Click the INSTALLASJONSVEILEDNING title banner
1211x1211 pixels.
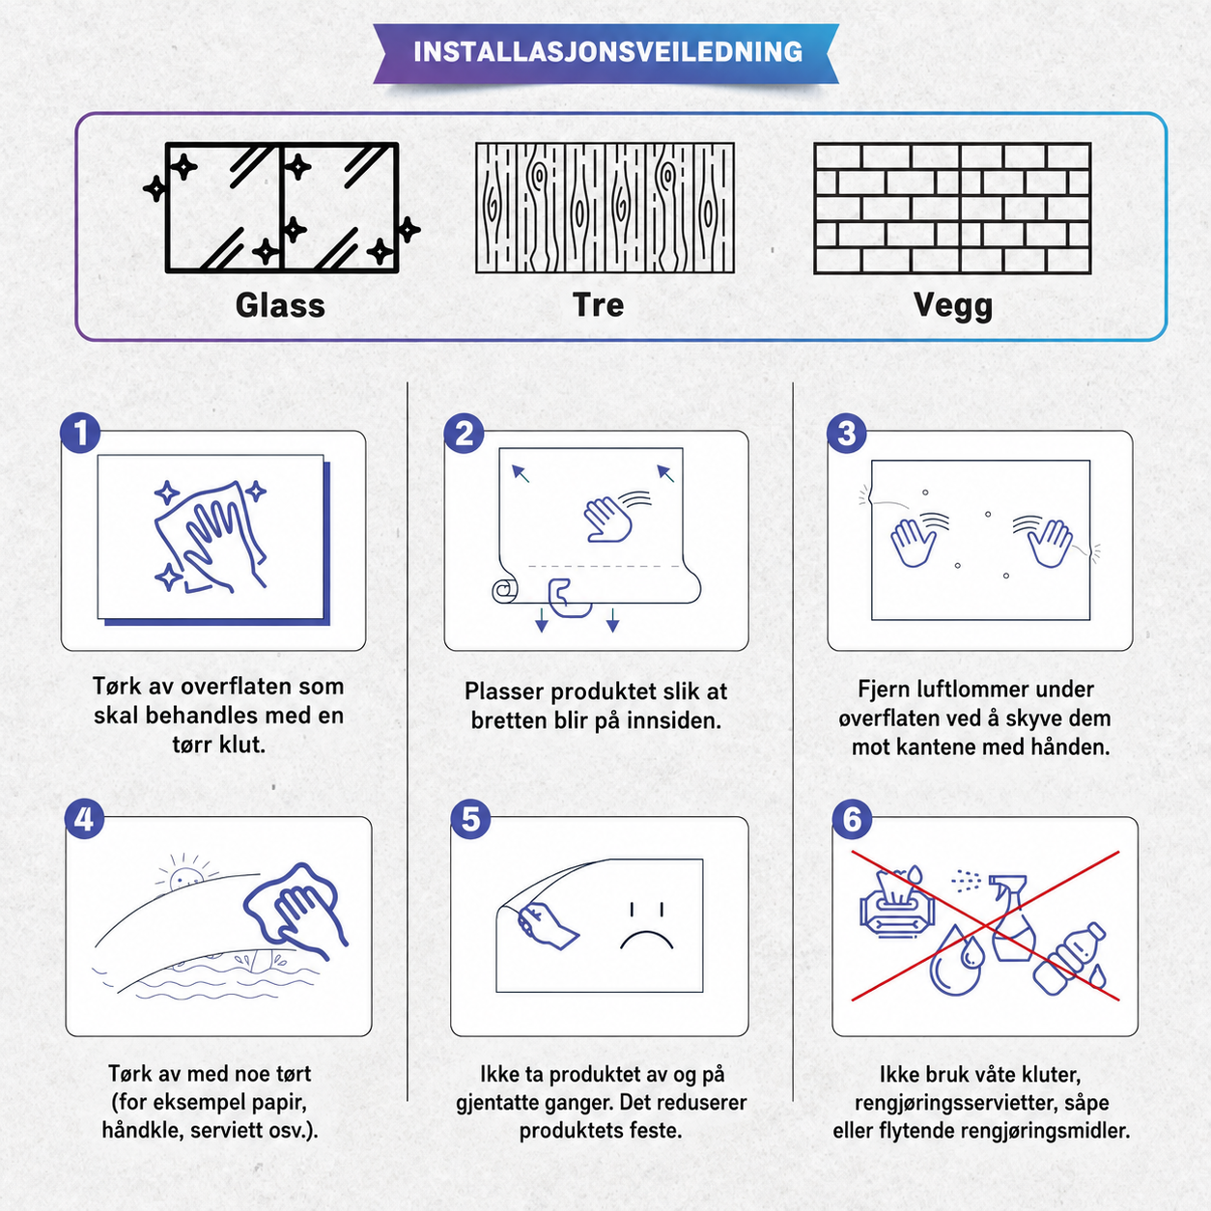click(605, 53)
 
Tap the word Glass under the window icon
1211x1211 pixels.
click(280, 305)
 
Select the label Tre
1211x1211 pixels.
click(599, 305)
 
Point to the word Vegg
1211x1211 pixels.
click(953, 307)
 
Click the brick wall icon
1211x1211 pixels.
click(952, 209)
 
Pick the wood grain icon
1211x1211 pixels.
click(605, 208)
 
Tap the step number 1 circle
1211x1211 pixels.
click(80, 433)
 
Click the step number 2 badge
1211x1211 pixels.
click(464, 433)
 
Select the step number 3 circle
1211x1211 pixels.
click(847, 433)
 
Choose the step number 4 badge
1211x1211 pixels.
click(85, 819)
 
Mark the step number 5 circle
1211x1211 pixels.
click(470, 819)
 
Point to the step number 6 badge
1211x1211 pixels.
click(852, 819)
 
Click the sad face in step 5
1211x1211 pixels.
click(647, 926)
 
